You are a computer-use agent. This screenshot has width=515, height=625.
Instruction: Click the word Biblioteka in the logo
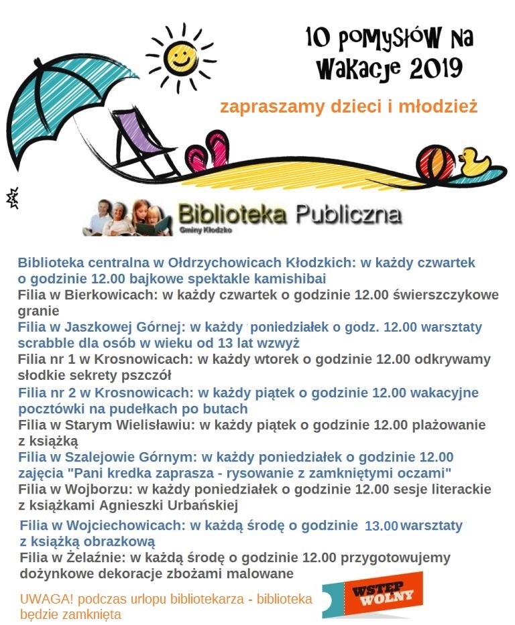[232, 214]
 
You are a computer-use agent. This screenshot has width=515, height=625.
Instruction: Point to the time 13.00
[382, 526]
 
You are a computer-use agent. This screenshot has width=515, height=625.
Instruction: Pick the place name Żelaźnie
[93, 557]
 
